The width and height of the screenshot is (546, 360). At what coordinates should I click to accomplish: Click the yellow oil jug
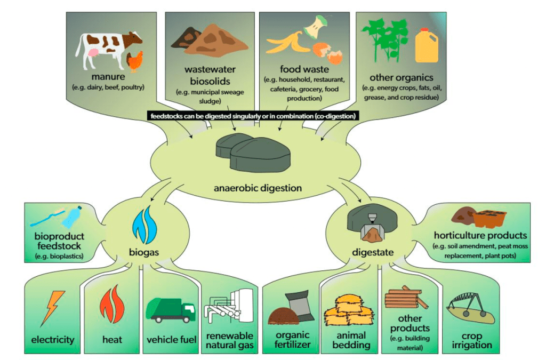427,45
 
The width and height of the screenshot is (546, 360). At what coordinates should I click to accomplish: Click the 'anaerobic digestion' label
258,188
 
